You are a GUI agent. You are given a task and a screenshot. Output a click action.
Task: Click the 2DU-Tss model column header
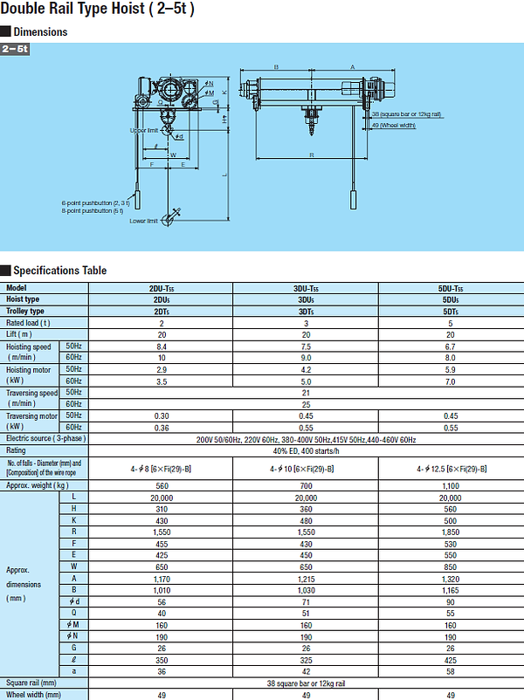tap(161, 288)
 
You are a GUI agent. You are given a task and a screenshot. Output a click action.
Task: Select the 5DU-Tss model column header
tap(450, 288)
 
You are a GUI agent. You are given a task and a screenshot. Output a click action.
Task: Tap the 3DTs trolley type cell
tap(306, 312)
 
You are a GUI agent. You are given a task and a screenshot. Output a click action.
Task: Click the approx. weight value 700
tap(306, 484)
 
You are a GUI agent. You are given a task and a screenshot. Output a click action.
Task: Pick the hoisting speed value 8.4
tap(161, 347)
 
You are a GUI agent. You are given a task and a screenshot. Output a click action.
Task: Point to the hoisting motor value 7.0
tap(450, 381)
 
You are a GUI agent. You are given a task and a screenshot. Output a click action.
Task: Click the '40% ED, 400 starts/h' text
tap(306, 450)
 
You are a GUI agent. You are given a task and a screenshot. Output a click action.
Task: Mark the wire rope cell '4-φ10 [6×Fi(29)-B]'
tap(306, 468)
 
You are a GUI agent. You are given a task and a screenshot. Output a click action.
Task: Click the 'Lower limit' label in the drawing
tap(143, 221)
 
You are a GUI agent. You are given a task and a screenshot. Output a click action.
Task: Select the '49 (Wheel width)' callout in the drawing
tap(393, 125)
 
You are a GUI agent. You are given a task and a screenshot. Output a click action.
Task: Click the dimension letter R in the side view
tap(312, 155)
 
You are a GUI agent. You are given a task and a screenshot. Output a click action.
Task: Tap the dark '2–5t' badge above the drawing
tap(16, 49)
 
